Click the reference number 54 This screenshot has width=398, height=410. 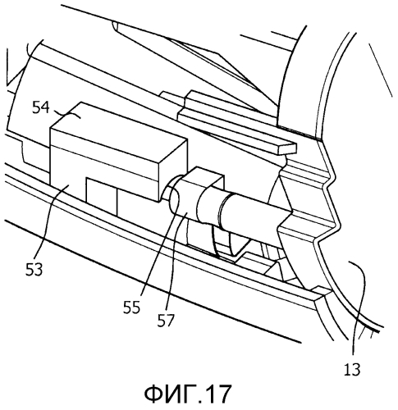tap(41, 107)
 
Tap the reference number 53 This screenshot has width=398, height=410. tap(34, 269)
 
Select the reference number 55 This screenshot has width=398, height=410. tap(131, 307)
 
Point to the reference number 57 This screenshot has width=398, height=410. tap(166, 321)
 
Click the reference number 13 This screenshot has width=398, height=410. tap(352, 369)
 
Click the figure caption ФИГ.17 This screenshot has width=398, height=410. tap(188, 394)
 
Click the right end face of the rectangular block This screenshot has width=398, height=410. tap(173, 170)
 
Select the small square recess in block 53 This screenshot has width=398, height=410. tap(101, 195)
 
